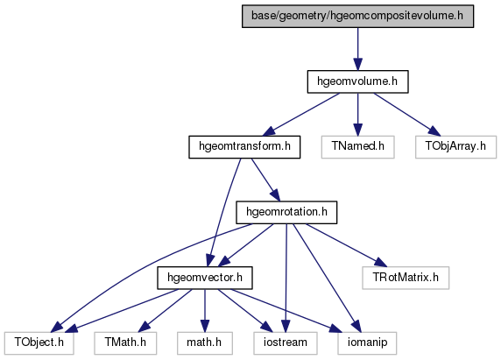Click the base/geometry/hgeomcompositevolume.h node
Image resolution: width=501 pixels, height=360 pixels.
pyautogui.click(x=357, y=16)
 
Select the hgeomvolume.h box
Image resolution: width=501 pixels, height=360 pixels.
pyautogui.click(x=357, y=81)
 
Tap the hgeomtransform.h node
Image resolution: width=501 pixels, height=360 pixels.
pyautogui.click(x=244, y=147)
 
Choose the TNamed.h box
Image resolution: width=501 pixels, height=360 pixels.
pyautogui.click(x=357, y=147)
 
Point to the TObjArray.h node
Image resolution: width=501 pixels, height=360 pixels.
pyautogui.click(x=455, y=147)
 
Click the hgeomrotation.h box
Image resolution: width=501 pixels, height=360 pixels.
pyautogui.click(x=286, y=213)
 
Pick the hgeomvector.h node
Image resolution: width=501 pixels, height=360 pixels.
pyautogui.click(x=205, y=278)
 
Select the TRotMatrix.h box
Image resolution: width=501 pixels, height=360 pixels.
pyautogui.click(x=406, y=278)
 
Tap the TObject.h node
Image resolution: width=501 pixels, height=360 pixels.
pyautogui.click(x=39, y=343)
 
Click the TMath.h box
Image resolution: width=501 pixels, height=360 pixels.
pyautogui.click(x=125, y=343)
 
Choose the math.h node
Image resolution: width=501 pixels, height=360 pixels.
pyautogui.click(x=204, y=343)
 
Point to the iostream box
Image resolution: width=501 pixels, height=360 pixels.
pyautogui.click(x=286, y=343)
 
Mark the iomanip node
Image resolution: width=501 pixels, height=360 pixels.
pyautogui.click(x=367, y=343)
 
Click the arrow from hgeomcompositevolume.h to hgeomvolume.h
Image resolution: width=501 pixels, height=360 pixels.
pyautogui.click(x=358, y=49)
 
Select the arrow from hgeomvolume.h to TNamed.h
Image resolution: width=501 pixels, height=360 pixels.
pyautogui.click(x=358, y=115)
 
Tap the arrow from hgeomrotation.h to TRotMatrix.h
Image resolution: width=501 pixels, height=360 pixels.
pyautogui.click(x=346, y=244)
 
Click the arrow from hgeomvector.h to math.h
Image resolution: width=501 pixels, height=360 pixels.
pyautogui.click(x=205, y=310)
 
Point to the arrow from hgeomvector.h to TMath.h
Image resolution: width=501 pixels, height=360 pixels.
pyautogui.click(x=165, y=310)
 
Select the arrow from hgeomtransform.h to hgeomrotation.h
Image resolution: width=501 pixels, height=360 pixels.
pyautogui.click(x=265, y=180)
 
